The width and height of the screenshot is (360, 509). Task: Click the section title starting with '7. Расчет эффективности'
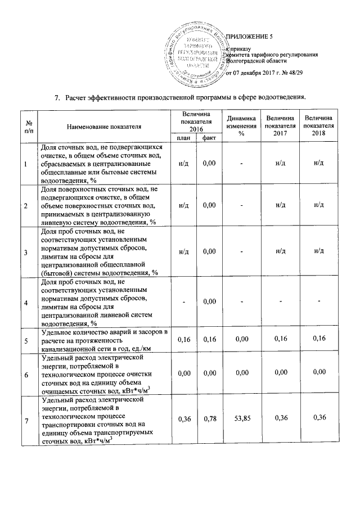[180, 98]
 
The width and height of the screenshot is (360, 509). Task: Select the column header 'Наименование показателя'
[103, 128]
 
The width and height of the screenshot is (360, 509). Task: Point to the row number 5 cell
[26, 340]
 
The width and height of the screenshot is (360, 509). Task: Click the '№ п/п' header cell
[26, 127]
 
